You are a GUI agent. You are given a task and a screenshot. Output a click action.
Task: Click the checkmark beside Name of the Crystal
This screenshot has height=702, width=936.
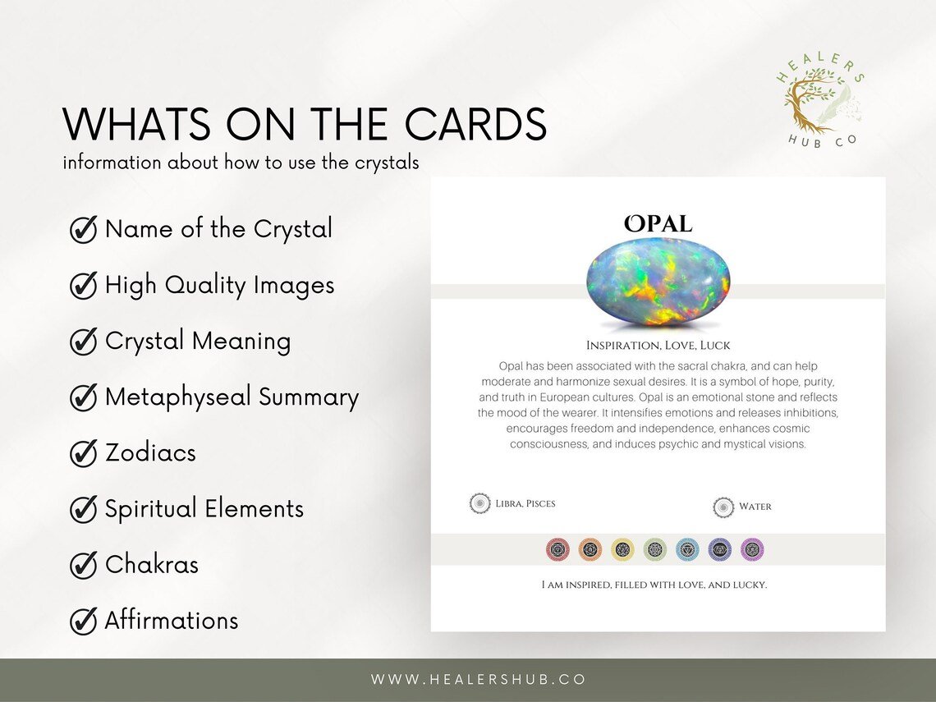84,231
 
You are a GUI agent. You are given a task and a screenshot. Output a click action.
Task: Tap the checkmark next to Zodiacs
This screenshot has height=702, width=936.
84,454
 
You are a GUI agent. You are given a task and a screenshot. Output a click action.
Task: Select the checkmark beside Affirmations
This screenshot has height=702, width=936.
84,622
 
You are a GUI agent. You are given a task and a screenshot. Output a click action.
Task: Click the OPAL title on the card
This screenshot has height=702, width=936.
658,223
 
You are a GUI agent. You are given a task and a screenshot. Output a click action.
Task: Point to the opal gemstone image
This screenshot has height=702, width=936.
658,282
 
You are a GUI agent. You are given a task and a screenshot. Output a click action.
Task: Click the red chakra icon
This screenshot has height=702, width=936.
557,549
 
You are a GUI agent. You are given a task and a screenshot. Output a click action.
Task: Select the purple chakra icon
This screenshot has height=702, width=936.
752,549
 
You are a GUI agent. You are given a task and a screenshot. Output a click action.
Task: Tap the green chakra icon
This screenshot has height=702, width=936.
655,549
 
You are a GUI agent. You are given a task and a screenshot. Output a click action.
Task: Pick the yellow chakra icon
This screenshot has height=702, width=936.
622,549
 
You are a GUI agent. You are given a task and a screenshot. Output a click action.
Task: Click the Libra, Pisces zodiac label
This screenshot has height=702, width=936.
525,504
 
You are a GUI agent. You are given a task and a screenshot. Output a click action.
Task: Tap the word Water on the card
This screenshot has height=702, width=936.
755,507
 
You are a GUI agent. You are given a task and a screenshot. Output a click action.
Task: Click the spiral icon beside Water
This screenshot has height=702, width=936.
723,507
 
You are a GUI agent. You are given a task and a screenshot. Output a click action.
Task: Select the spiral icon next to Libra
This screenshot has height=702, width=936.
479,504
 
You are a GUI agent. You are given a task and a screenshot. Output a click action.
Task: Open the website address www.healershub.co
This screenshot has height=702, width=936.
479,680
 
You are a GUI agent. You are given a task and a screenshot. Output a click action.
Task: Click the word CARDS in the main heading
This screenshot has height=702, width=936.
475,126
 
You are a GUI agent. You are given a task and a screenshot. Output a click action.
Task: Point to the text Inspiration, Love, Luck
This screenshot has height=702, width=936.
658,346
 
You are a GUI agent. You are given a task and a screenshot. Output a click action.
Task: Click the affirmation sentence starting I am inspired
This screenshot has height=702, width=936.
654,585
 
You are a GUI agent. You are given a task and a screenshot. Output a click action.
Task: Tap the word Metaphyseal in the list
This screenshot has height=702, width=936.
178,397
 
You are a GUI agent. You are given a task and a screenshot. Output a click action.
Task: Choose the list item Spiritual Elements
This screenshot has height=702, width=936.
204,509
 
